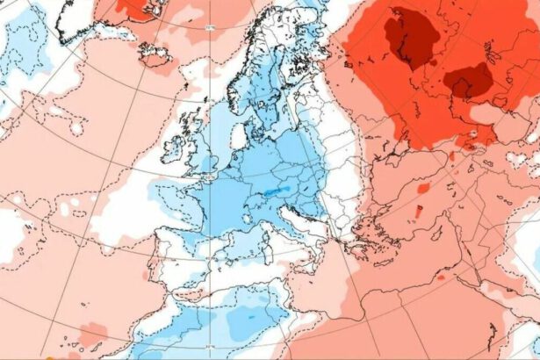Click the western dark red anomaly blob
click(x=406, y=40)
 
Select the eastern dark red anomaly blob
click(x=468, y=82)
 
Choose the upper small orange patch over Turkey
click(x=423, y=188)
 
